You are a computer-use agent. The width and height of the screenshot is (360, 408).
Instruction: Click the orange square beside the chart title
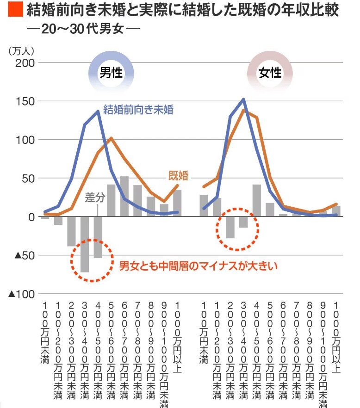pyautogui.click(x=15, y=10)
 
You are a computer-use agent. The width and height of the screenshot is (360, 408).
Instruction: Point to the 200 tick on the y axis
pyautogui.click(x=24, y=62)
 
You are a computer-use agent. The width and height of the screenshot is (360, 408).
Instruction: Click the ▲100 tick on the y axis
pyautogui.click(x=22, y=294)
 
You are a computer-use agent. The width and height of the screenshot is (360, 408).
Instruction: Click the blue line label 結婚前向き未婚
pyautogui.click(x=138, y=110)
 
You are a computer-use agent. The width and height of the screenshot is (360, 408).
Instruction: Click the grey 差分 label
pyautogui.click(x=95, y=198)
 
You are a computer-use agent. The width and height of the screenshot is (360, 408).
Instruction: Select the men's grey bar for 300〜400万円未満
pyautogui.click(x=85, y=244)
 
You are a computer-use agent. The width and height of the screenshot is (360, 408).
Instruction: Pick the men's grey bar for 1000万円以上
pyautogui.click(x=177, y=203)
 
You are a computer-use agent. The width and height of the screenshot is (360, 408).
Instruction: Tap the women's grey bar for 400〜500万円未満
pyautogui.click(x=257, y=200)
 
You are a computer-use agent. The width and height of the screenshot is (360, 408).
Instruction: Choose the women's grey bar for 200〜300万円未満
pyautogui.click(x=230, y=227)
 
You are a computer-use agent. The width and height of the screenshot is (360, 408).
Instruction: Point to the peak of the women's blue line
pyautogui.click(x=243, y=99)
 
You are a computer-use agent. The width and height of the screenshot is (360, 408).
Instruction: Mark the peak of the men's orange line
pyautogui.click(x=111, y=138)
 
